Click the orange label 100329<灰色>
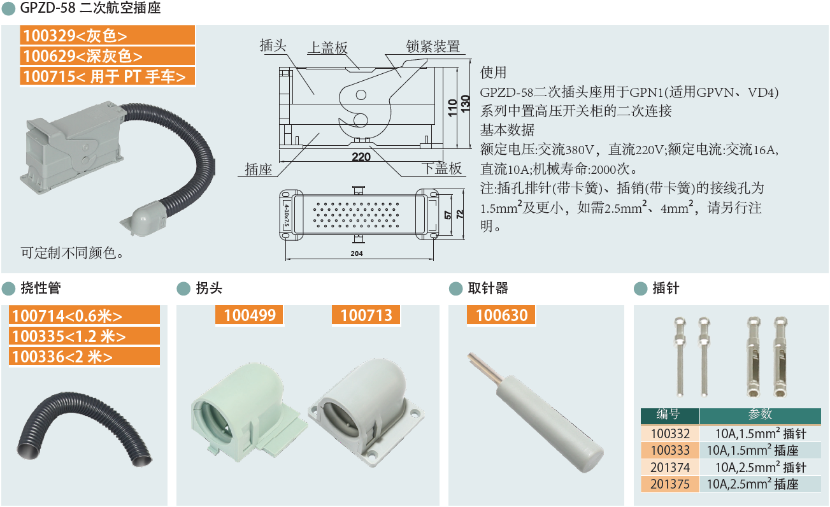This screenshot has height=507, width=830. pyautogui.click(x=107, y=36)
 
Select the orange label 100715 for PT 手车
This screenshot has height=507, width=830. pyautogui.click(x=107, y=76)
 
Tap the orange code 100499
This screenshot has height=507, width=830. pyautogui.click(x=249, y=315)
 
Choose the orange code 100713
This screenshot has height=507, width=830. pyautogui.click(x=366, y=315)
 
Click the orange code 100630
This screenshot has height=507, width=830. pyautogui.click(x=501, y=315)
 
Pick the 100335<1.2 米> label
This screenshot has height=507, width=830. pyautogui.click(x=85, y=336)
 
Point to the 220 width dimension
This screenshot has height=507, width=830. pyautogui.click(x=361, y=157)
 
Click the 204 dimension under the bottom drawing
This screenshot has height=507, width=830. pyautogui.click(x=357, y=253)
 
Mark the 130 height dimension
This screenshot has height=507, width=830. pyautogui.click(x=466, y=104)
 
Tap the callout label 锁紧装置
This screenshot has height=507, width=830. pyautogui.click(x=433, y=46)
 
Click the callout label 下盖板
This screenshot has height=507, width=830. pyautogui.click(x=442, y=168)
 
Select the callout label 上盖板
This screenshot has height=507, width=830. pyautogui.click(x=328, y=47)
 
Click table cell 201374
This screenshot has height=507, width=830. pyautogui.click(x=670, y=468)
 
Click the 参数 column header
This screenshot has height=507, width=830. pyautogui.click(x=760, y=414)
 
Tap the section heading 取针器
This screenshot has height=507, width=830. pyautogui.click(x=488, y=289)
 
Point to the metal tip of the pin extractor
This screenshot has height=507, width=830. pyautogui.click(x=485, y=368)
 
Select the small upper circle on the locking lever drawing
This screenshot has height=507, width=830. pyautogui.click(x=361, y=95)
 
